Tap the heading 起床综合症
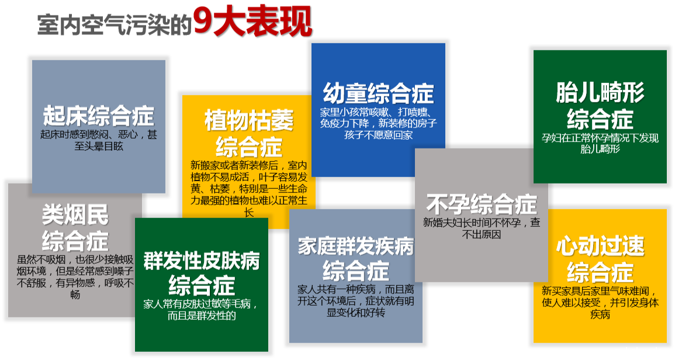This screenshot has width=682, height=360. [x=99, y=116]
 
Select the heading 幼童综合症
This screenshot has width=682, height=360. [x=378, y=93]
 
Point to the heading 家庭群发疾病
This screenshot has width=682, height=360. [x=355, y=246]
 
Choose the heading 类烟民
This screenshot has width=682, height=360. [x=75, y=215]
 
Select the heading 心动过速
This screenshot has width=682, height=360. [x=600, y=246]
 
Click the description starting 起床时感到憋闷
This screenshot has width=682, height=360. [x=99, y=134]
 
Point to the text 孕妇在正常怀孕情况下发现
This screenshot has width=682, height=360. [x=600, y=139]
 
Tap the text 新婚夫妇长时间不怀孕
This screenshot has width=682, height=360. [x=481, y=223]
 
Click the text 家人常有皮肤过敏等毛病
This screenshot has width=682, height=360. [x=201, y=304]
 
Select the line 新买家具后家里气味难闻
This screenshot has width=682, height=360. [x=600, y=290]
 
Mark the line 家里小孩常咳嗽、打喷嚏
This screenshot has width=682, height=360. [x=378, y=112]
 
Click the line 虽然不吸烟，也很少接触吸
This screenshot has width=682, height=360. [x=75, y=259]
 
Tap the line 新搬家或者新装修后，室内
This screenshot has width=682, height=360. [x=248, y=165]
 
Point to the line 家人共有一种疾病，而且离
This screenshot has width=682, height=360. [x=355, y=289]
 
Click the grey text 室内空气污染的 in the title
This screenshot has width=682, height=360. [x=115, y=25]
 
